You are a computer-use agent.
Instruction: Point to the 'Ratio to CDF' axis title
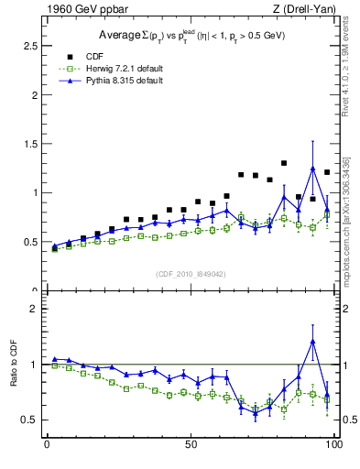click(14, 378)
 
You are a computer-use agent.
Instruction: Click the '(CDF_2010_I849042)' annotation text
click(190, 273)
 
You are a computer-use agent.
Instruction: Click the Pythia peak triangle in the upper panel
click(312, 169)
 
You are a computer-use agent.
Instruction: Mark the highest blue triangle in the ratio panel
click(312, 341)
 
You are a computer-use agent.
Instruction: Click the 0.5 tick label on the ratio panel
click(29, 420)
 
